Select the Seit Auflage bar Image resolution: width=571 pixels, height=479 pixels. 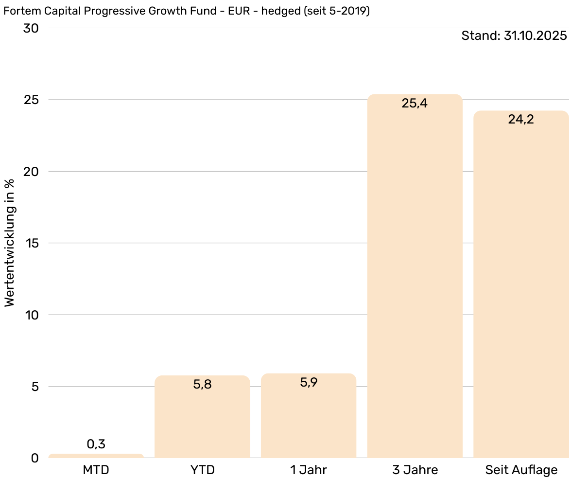(x=521, y=287)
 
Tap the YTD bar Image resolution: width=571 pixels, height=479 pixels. (x=202, y=418)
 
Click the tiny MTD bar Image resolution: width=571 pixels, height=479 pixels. (x=96, y=456)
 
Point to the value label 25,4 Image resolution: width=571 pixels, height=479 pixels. (x=415, y=103)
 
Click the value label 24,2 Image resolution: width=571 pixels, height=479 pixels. (x=521, y=119)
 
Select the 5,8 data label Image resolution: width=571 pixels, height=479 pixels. (x=202, y=384)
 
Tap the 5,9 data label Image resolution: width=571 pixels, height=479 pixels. (x=309, y=382)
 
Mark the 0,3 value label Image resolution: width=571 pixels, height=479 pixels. (x=96, y=444)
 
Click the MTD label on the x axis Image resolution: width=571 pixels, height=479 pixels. (x=96, y=470)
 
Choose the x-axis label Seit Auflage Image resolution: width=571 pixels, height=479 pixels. (x=521, y=470)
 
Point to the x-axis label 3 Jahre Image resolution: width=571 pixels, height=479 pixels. (x=415, y=470)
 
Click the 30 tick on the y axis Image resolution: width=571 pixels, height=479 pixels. (x=31, y=28)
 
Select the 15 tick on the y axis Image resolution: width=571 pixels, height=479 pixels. (x=31, y=243)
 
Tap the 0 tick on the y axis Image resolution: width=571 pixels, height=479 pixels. (x=35, y=458)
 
